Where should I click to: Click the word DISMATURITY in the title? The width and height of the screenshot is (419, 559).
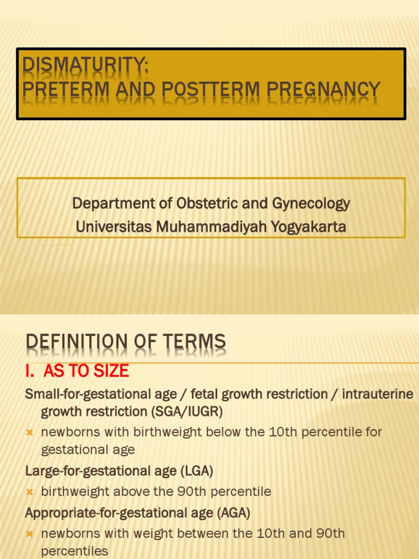point(85,67)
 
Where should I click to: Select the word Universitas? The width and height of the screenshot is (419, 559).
point(114,227)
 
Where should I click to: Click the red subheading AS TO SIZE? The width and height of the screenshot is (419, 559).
point(86,371)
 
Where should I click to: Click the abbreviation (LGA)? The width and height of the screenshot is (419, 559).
point(196,471)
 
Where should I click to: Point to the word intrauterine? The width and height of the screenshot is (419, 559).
point(378,394)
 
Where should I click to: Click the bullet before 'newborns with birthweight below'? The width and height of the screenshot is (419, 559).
point(30,432)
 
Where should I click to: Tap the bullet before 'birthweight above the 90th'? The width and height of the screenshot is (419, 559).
point(30,492)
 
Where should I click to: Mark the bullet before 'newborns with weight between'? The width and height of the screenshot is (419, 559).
point(30,534)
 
